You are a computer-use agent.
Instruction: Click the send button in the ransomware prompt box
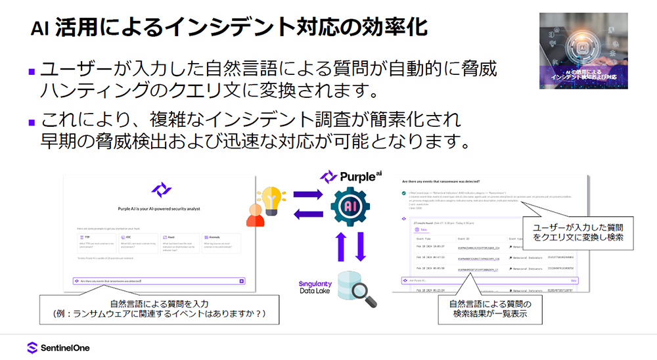click(x=242, y=281)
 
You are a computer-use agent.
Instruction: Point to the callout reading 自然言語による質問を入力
click(x=160, y=308)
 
